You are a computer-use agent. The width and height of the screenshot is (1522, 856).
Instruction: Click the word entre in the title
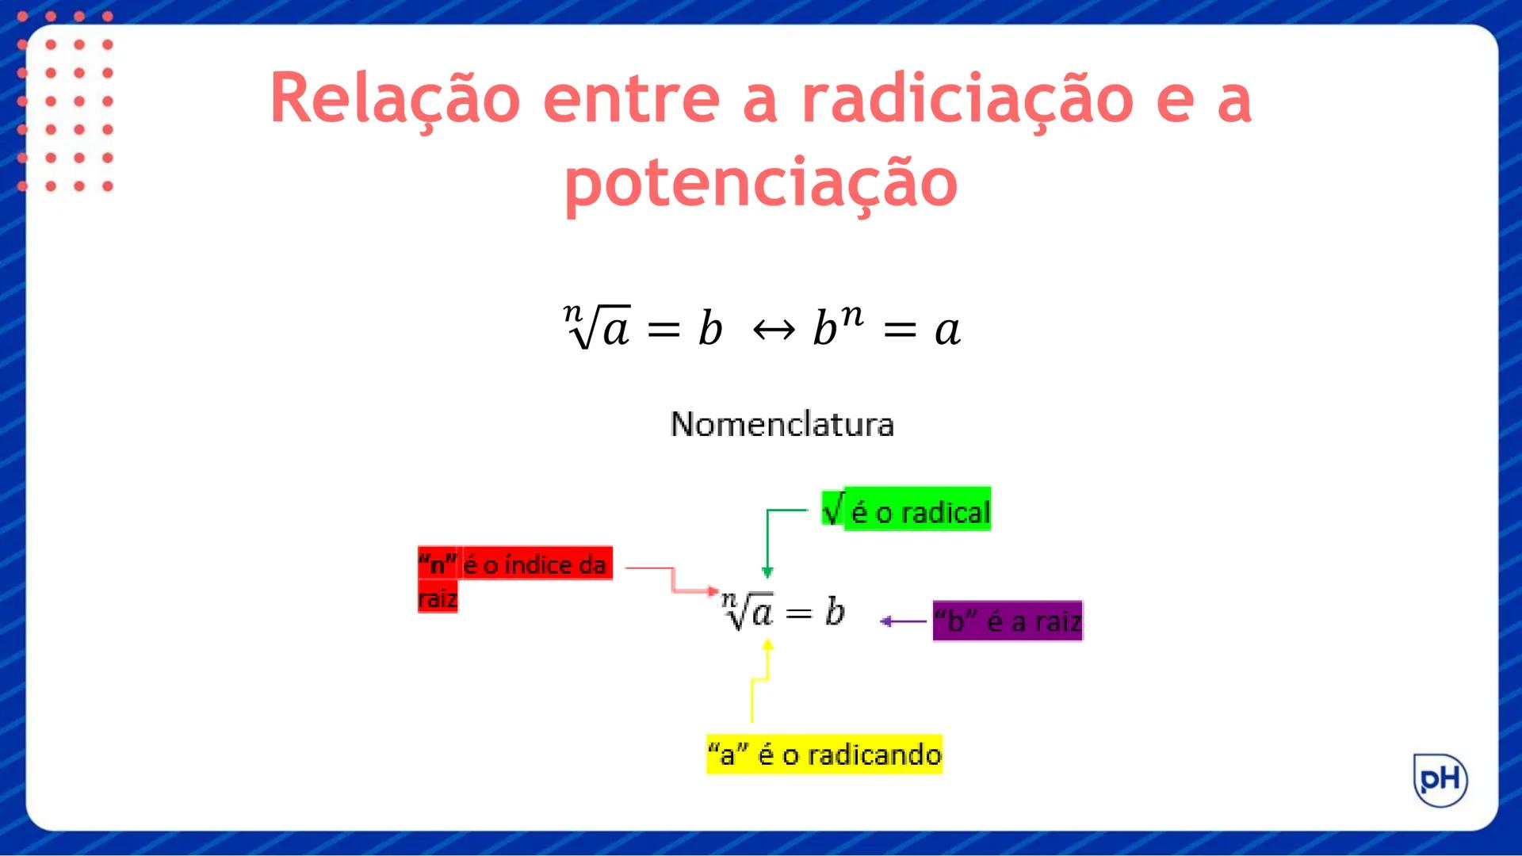[631, 98]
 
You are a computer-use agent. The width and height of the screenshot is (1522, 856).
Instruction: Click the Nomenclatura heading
[782, 424]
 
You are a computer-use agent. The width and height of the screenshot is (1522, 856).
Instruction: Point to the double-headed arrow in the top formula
[774, 329]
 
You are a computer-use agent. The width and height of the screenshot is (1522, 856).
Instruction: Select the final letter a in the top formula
[947, 329]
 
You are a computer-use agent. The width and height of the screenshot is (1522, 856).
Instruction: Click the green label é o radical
[907, 510]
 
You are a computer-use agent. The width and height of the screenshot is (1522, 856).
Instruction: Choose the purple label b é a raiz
[1007, 621]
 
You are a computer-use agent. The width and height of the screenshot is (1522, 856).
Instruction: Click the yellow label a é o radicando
[824, 754]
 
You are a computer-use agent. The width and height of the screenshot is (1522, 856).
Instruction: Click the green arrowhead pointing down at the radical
[767, 571]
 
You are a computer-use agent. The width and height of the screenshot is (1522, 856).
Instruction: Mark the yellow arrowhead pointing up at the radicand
[767, 645]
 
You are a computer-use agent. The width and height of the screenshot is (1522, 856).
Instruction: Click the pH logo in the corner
[1440, 780]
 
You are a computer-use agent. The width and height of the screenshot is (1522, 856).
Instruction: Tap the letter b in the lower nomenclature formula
[835, 612]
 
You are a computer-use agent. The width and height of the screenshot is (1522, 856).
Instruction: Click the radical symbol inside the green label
[833, 508]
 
